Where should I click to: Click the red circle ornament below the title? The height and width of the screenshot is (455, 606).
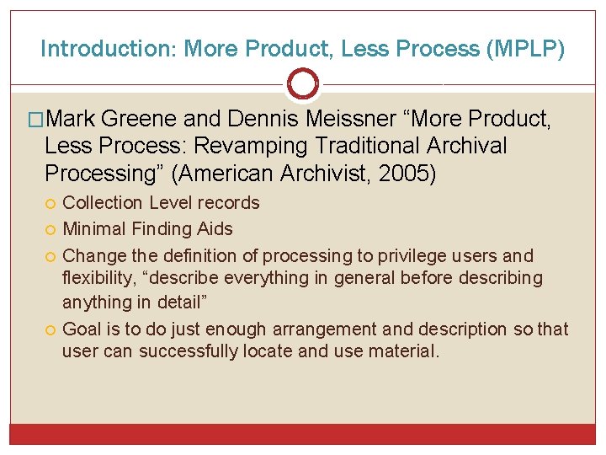[303, 84]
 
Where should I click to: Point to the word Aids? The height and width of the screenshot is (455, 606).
[215, 228]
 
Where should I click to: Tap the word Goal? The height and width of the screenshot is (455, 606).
[82, 329]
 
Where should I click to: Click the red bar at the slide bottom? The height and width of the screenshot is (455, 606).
[303, 434]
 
